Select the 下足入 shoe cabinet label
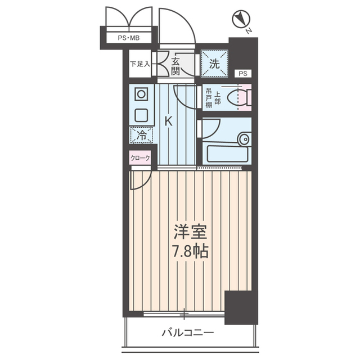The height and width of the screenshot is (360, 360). pos(140,64)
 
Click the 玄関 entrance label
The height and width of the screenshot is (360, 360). pos(175,66)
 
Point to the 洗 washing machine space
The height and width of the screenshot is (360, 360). pos(214,64)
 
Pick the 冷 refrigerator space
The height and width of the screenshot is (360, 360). pos(141,135)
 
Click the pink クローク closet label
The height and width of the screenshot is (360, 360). pos(141,158)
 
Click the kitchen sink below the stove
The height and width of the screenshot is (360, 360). pos(141,116)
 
